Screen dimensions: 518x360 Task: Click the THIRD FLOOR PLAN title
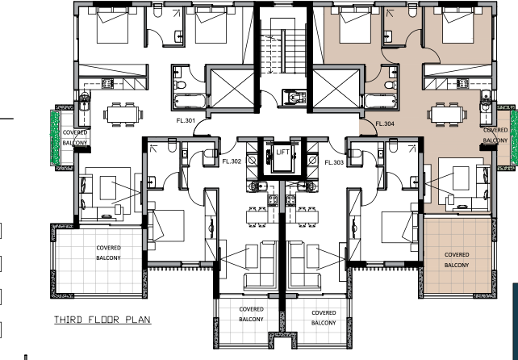click(x=102, y=320)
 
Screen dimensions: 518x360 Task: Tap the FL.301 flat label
click(x=186, y=120)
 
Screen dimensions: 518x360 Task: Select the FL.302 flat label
click(x=232, y=161)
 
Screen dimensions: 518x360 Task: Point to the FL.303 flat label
click(x=334, y=162)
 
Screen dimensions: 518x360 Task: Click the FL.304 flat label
click(x=385, y=124)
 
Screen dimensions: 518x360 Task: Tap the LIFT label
click(x=282, y=153)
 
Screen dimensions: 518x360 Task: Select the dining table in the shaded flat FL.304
click(x=447, y=115)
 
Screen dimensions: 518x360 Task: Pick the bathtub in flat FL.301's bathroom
click(x=190, y=101)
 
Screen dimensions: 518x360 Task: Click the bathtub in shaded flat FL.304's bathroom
click(x=380, y=101)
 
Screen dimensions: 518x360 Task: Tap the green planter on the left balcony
click(x=55, y=138)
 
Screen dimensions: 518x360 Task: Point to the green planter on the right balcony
click(x=514, y=137)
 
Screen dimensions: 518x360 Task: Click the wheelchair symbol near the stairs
click(x=295, y=98)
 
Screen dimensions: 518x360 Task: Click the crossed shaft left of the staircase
click(x=232, y=88)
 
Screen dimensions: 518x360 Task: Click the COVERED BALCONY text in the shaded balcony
click(x=457, y=260)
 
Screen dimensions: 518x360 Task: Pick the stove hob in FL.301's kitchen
click(x=107, y=83)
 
